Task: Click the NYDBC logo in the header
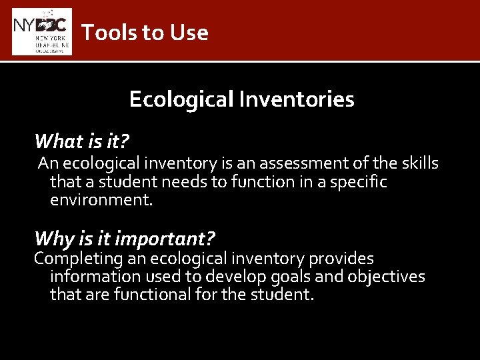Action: (42, 31)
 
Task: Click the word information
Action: (93, 277)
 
